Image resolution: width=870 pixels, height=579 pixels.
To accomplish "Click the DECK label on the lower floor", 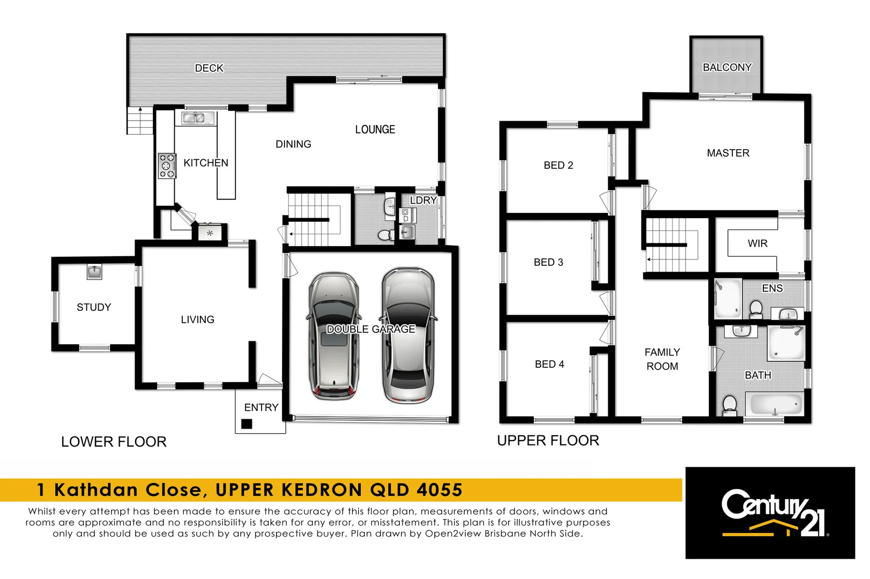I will (209, 68).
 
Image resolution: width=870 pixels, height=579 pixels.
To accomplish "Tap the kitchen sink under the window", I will (194, 117).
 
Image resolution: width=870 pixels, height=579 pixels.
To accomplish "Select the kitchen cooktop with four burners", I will (167, 166).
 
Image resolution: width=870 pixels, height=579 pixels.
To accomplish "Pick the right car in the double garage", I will (408, 335).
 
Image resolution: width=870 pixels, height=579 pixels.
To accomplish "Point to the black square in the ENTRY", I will (247, 424).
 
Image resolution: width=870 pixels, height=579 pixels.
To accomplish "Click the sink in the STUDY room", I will (95, 272).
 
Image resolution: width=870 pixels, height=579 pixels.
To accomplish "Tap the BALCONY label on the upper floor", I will (727, 68).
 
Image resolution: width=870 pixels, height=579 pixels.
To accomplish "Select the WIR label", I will (757, 243).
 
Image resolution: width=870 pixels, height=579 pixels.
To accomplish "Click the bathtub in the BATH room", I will (776, 404).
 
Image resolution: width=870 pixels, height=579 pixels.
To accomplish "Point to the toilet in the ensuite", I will (756, 308).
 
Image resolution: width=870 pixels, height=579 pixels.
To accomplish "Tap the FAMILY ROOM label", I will (662, 359).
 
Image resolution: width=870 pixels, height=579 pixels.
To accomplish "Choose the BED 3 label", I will (548, 262).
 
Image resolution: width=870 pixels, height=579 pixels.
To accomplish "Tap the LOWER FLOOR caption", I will (114, 442).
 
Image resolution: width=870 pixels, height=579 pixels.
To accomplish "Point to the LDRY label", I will (423, 200).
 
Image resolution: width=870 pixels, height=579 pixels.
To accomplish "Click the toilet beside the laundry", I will (384, 235).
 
